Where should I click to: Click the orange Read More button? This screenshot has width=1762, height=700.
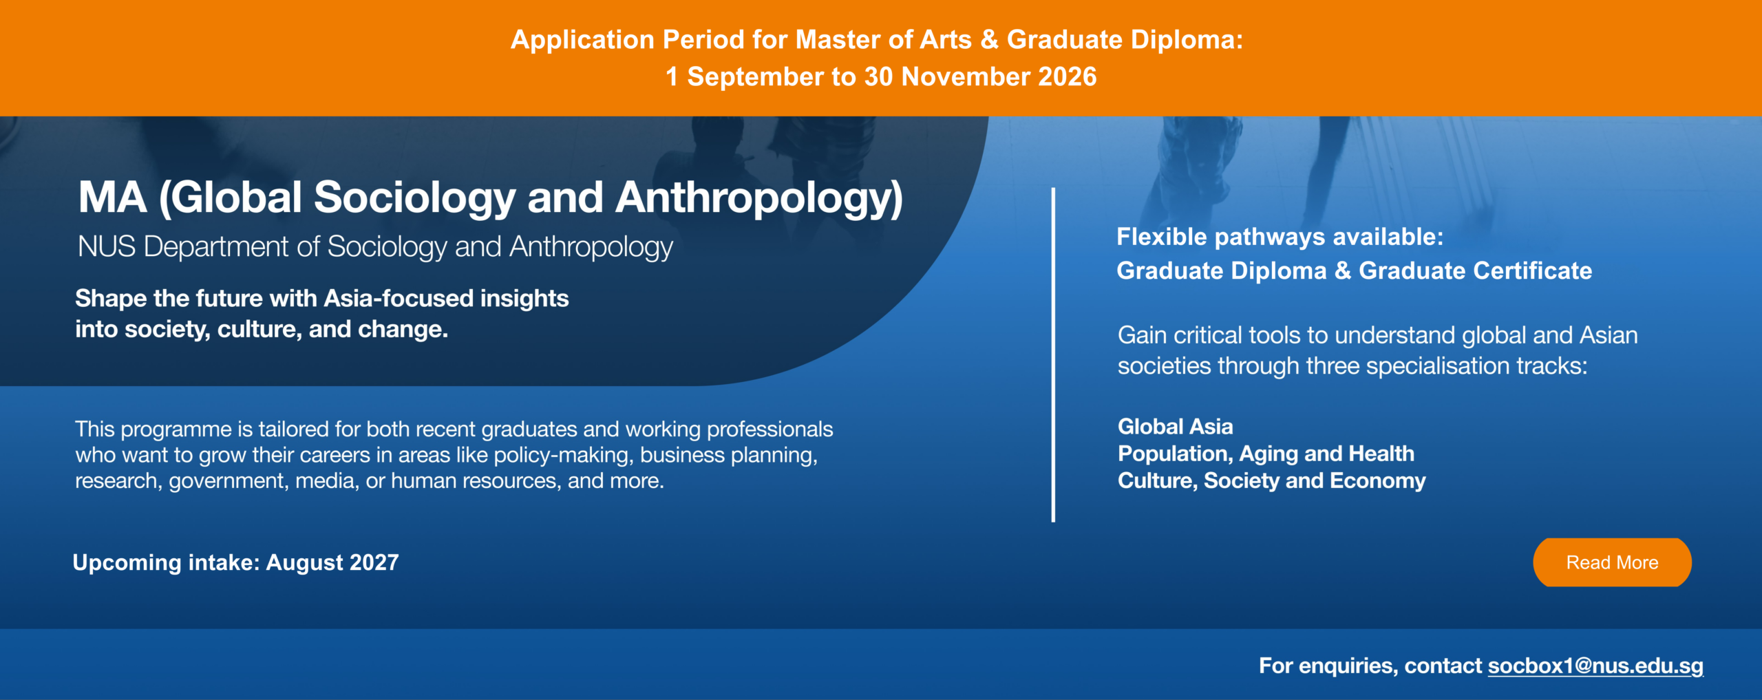pos(1612,562)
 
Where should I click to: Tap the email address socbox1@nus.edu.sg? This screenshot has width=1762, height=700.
pos(1595,666)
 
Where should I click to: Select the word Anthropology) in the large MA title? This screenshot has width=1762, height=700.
pos(759,198)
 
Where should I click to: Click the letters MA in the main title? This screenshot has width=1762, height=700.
pos(112,198)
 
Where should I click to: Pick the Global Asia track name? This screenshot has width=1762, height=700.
pos(1175,427)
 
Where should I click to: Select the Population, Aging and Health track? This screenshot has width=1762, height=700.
pos(1266,454)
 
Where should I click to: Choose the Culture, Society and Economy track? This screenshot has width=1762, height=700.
pos(1271,480)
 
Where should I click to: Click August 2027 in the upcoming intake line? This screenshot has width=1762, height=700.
pos(332,562)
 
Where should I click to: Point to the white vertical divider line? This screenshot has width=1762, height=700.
pos(1053,354)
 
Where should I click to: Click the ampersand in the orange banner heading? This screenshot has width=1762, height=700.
pos(989,39)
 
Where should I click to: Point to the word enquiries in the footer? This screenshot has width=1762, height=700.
pos(1348,666)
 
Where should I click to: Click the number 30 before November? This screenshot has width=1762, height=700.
pos(878,76)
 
